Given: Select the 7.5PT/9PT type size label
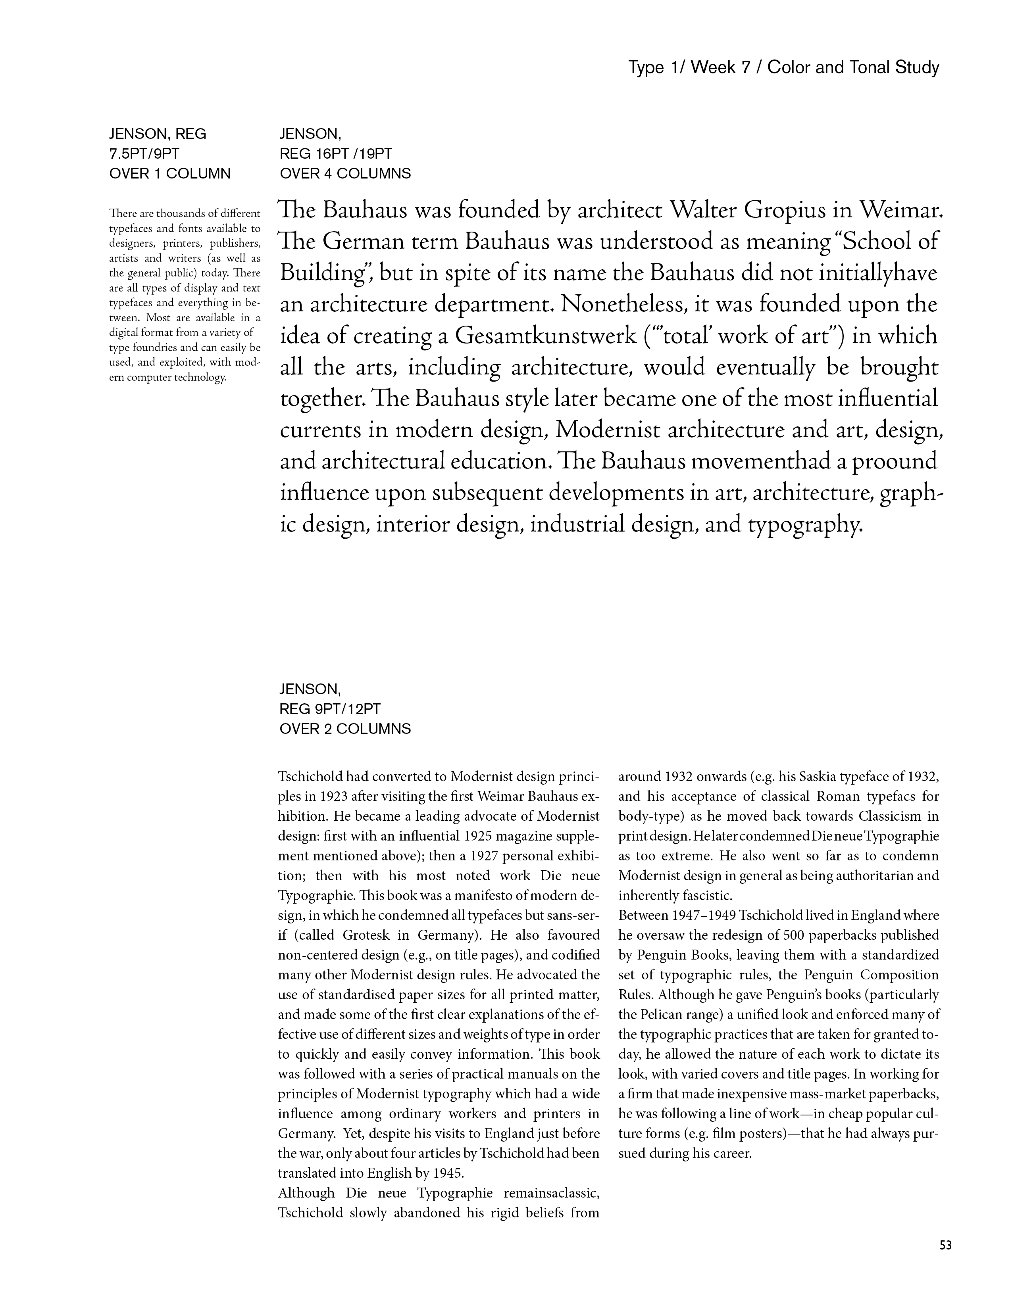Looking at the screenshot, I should coord(144,154).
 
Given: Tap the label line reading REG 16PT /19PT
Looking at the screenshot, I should coord(336,154).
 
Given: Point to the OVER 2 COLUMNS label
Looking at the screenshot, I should coord(345,729).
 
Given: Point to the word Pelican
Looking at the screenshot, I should coord(661,1015).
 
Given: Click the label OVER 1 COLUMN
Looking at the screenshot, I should coord(170,174).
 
